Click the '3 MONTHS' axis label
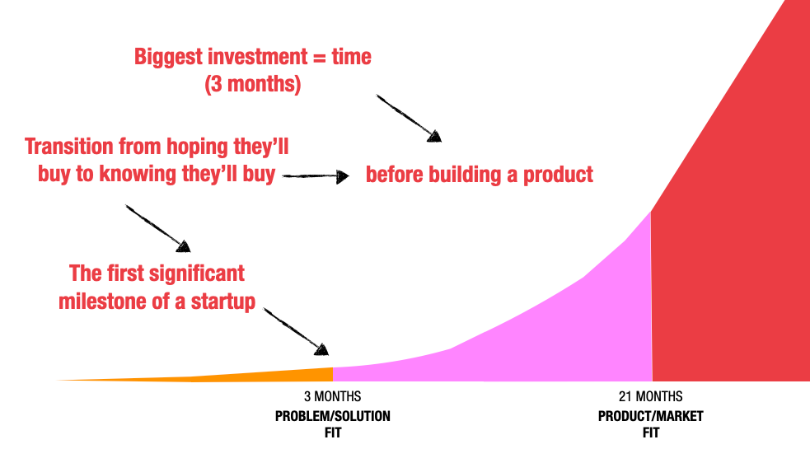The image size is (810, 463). (x=332, y=397)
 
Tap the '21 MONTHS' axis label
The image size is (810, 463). (x=650, y=397)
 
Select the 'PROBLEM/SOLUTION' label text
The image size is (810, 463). (x=332, y=416)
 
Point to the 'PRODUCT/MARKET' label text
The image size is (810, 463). (x=650, y=416)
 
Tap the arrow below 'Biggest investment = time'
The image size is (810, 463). (x=410, y=118)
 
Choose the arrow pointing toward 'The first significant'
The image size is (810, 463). (x=157, y=227)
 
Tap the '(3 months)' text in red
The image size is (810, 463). (x=252, y=85)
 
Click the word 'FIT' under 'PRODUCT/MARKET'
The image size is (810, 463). (x=650, y=433)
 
